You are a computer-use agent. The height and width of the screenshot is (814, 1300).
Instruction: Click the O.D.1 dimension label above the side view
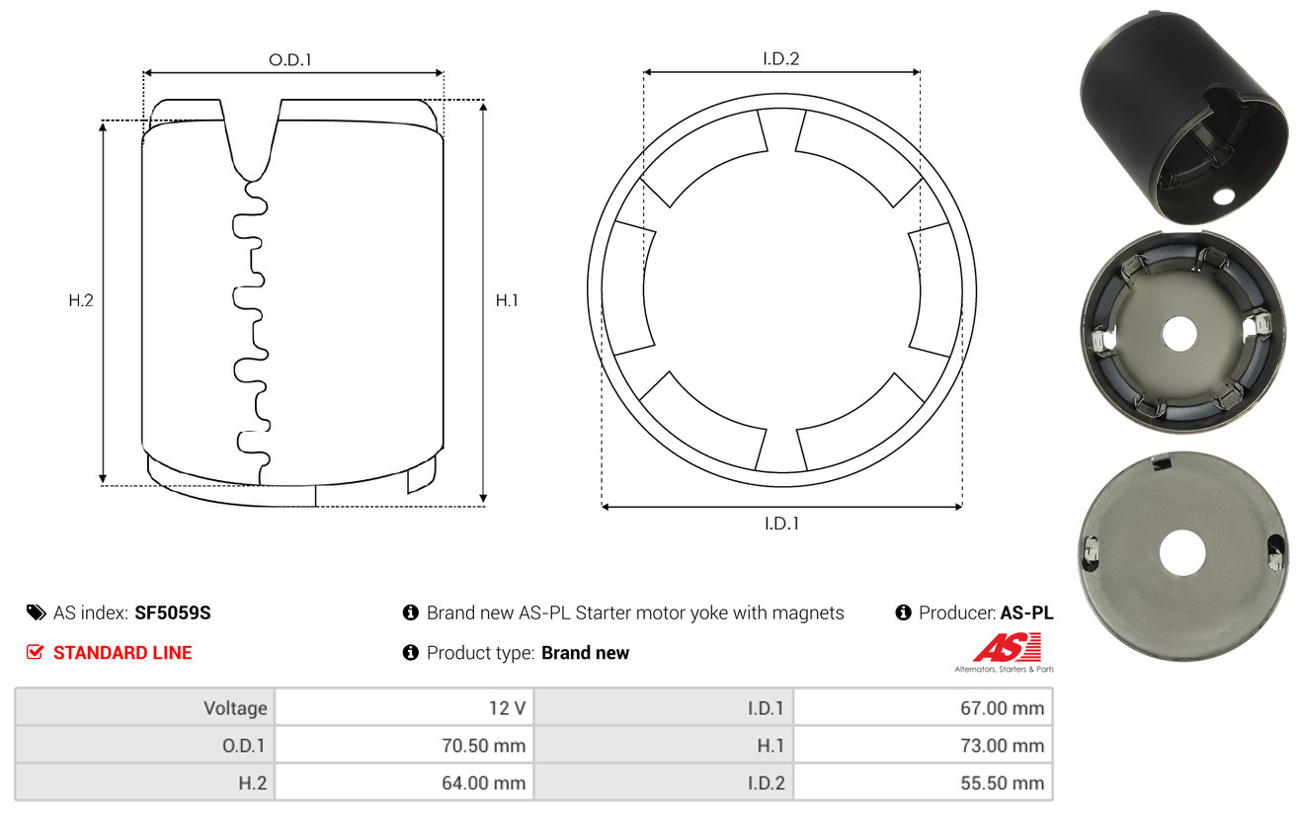coord(290,59)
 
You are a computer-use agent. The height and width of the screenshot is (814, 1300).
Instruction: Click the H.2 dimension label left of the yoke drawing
coord(81,300)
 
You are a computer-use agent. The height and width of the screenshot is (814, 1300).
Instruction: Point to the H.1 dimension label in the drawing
coord(507,300)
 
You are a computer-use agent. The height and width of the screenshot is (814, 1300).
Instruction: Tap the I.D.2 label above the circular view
coord(780,58)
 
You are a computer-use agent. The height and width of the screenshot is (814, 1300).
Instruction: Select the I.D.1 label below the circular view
coord(781,524)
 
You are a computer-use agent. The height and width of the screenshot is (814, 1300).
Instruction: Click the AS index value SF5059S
coord(172,612)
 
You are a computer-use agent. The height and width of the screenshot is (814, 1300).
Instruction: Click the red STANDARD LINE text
coord(122,653)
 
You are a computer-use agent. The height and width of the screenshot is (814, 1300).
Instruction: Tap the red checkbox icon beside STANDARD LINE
coord(35,652)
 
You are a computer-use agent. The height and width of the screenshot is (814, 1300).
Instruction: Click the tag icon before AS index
coord(36,612)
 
